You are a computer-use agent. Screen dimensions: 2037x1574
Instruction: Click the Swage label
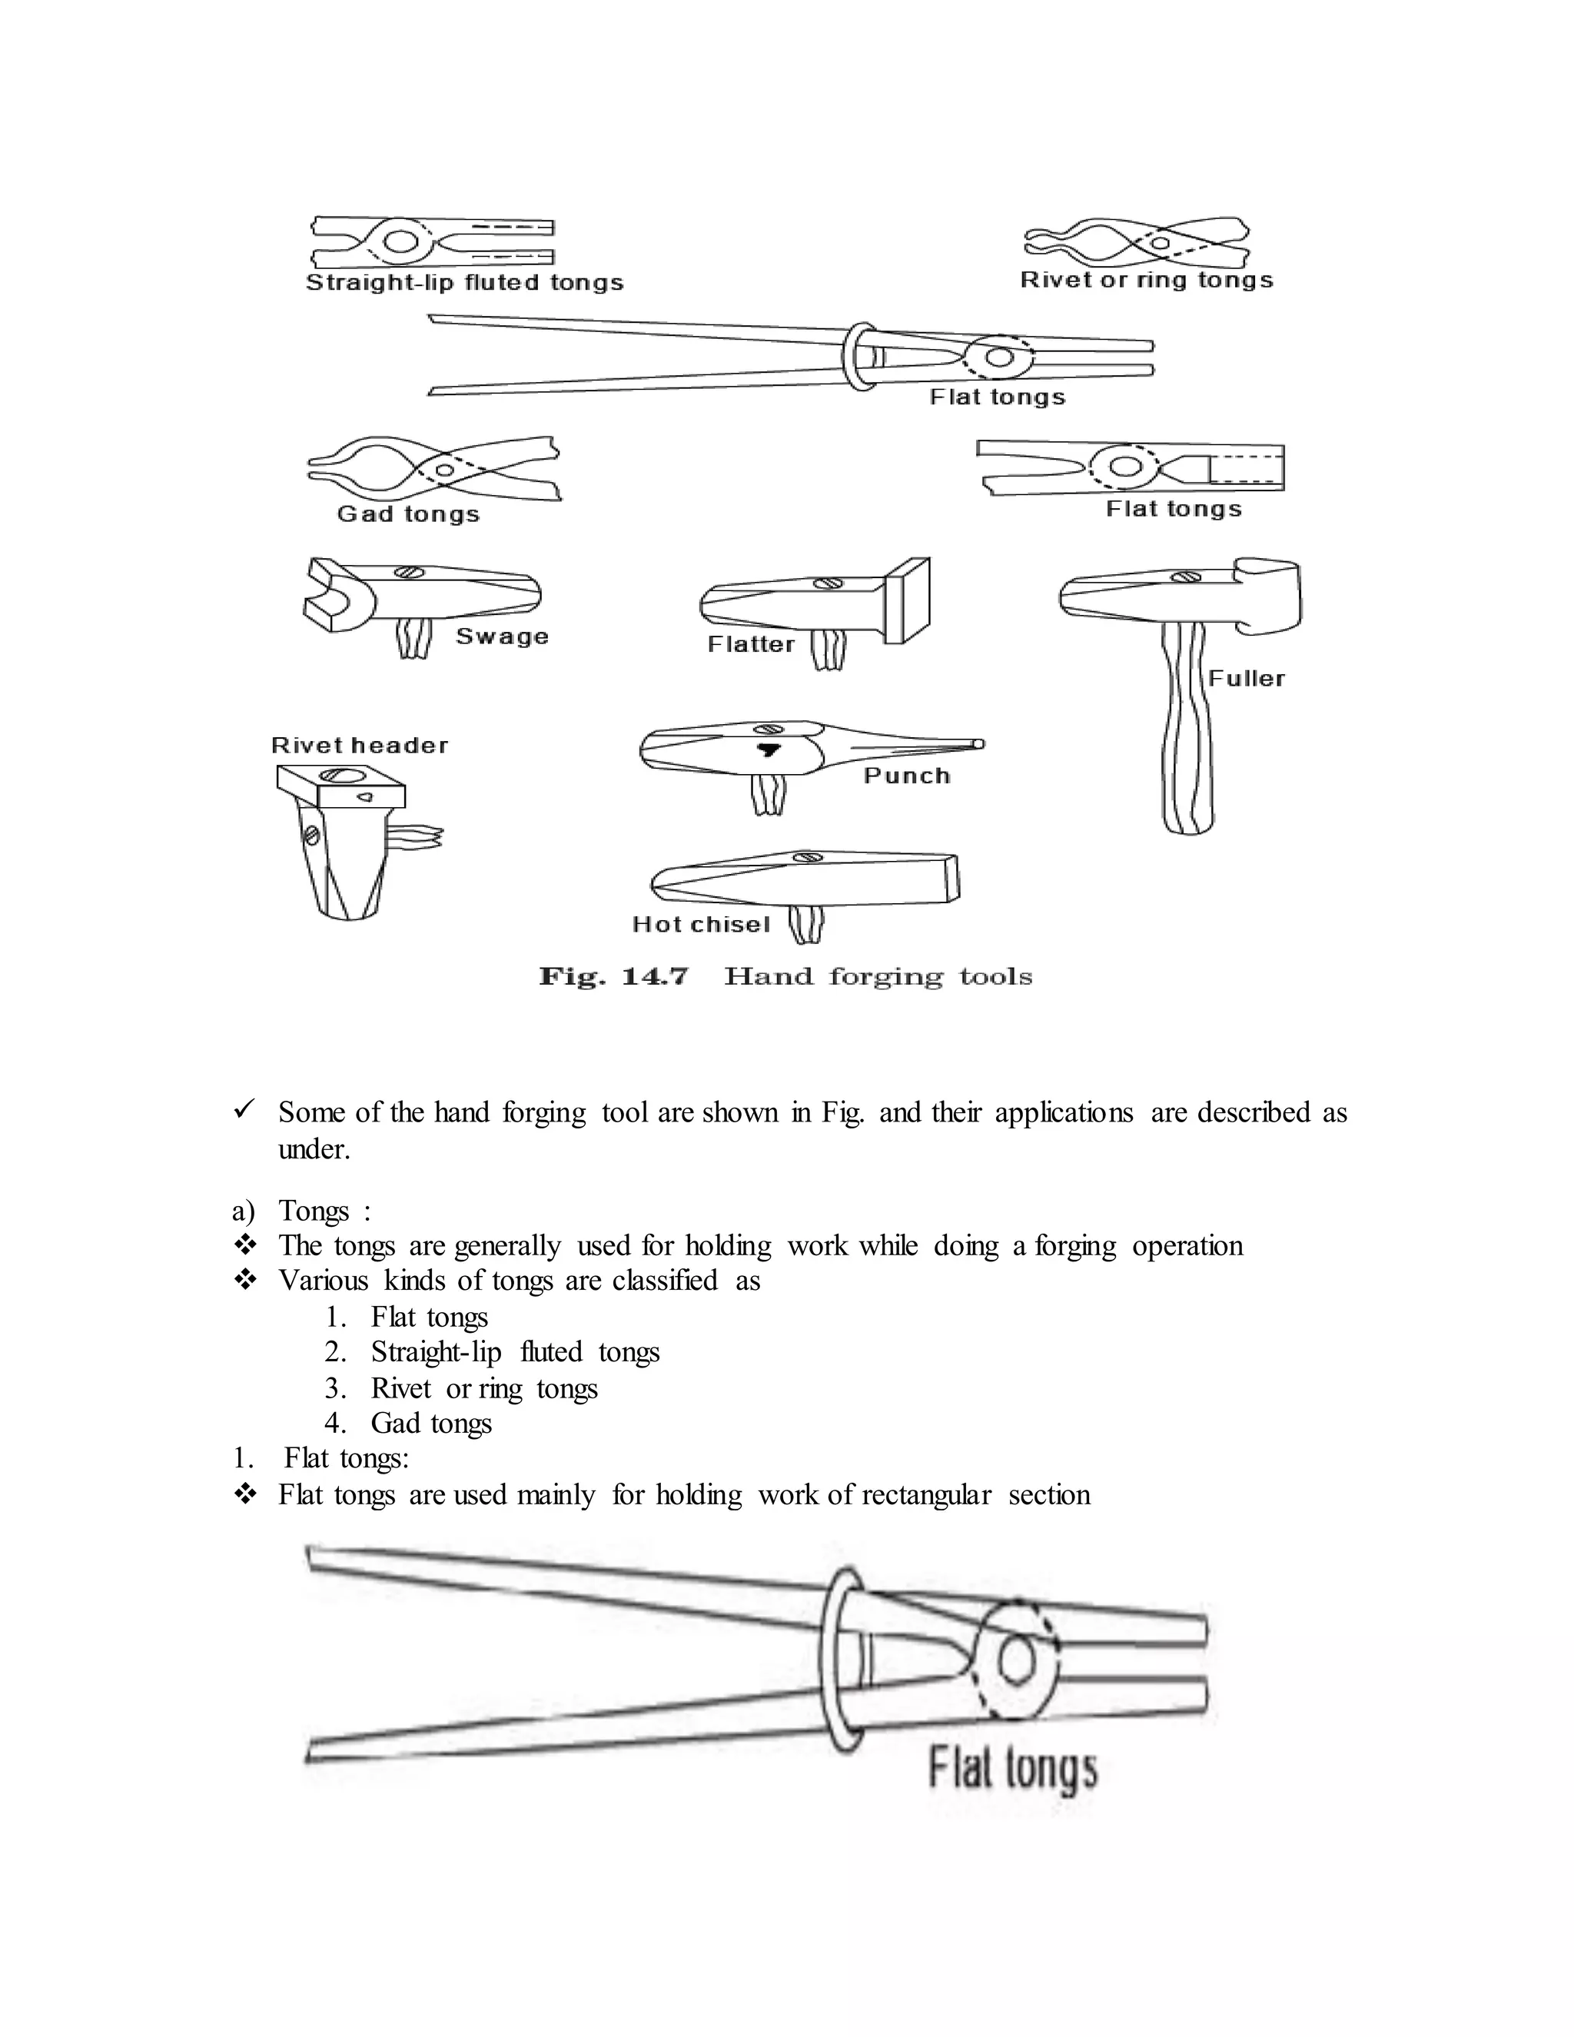pyautogui.click(x=502, y=637)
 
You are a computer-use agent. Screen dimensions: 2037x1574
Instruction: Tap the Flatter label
pyautogui.click(x=751, y=644)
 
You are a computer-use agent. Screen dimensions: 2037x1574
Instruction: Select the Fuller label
pyautogui.click(x=1246, y=679)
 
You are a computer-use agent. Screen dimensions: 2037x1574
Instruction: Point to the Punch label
pyautogui.click(x=906, y=776)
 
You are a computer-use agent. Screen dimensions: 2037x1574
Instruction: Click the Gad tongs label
pyautogui.click(x=408, y=514)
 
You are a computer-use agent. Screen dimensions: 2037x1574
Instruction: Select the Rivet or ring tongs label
pyautogui.click(x=1146, y=280)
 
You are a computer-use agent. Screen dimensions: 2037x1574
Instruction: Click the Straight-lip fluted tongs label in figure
pyautogui.click(x=464, y=283)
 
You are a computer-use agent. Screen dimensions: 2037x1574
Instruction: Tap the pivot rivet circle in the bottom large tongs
pyautogui.click(x=1015, y=1660)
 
